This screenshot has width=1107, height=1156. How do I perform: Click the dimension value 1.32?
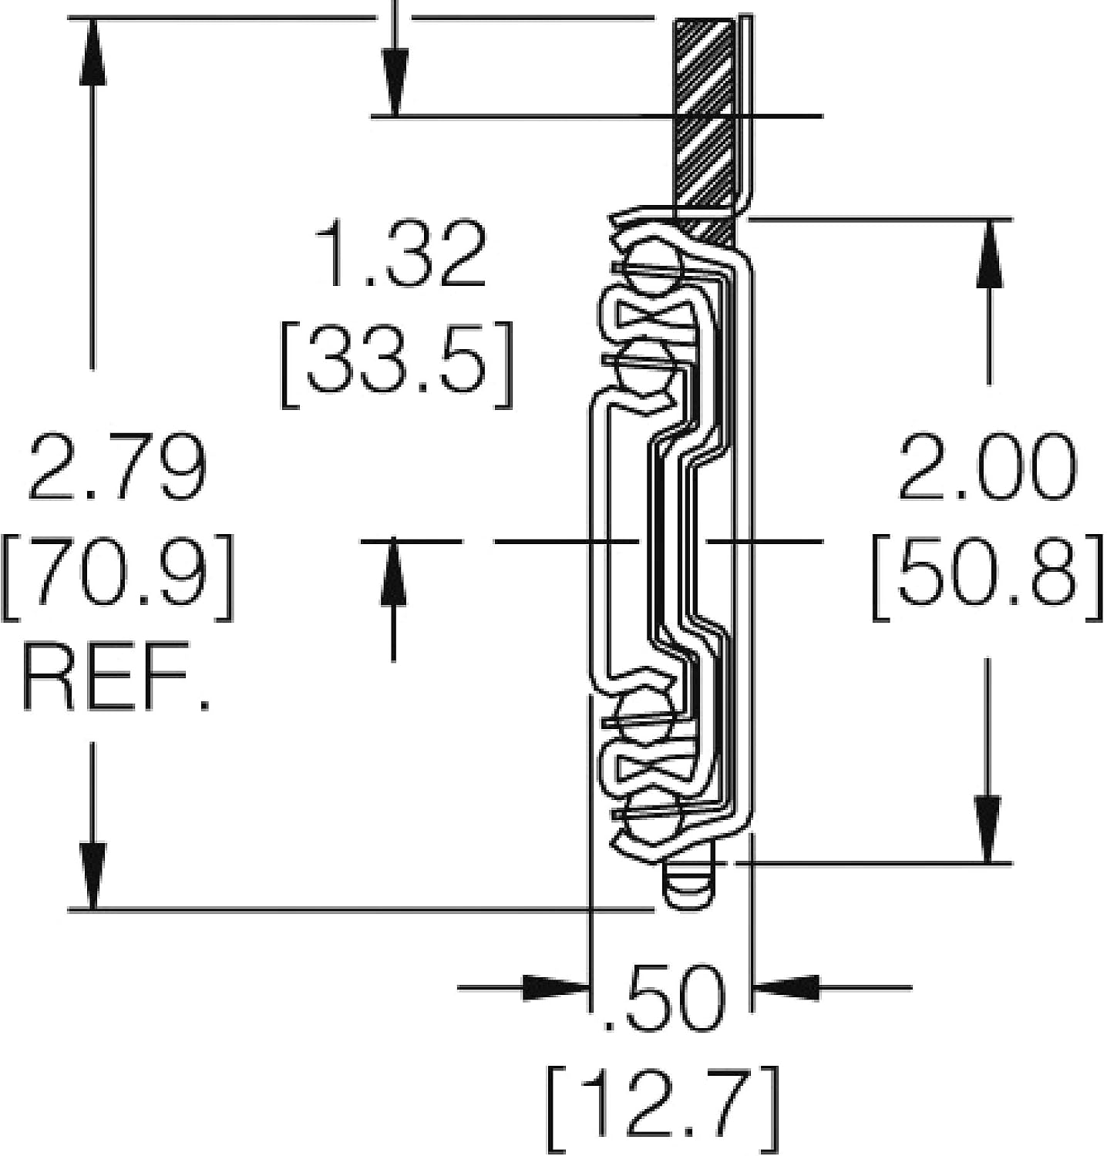(403, 253)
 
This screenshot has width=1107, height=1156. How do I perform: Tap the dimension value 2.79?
(116, 467)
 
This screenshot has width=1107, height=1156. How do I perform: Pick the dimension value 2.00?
(988, 467)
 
